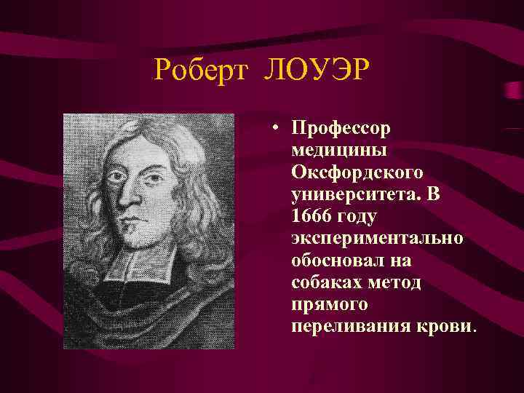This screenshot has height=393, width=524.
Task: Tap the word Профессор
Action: (341, 129)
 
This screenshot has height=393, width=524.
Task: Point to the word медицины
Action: (339, 151)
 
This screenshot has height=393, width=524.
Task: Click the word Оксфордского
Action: (357, 172)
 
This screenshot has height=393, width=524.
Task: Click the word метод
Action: (397, 282)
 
